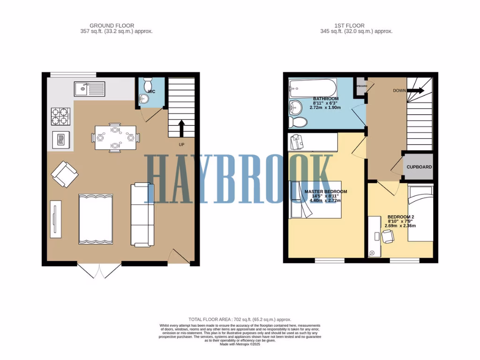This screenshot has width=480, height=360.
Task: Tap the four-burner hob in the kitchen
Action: (60, 116)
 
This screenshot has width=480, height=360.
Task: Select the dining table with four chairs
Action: (115, 137)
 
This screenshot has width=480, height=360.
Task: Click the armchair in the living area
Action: (65, 174)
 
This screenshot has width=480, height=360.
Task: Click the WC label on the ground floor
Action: (151, 91)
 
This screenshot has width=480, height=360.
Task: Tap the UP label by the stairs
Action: (181, 144)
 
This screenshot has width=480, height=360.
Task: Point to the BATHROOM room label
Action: (325, 99)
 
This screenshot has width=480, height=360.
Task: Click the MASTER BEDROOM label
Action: (326, 192)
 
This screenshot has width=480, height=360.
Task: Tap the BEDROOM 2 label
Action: (401, 217)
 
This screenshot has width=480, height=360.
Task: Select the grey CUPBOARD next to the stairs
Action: (419, 167)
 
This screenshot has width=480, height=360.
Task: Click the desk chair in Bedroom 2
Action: (388, 237)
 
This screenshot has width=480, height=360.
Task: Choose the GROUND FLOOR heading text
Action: (112, 26)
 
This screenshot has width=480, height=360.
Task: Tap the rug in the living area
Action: (96, 219)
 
